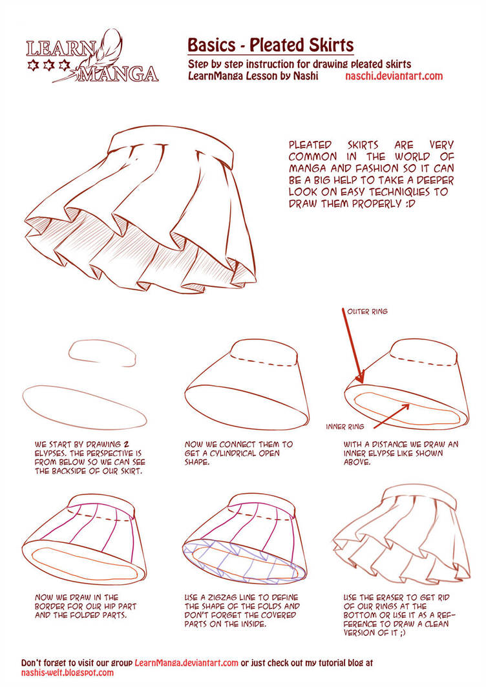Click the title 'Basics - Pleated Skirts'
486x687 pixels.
[270, 45]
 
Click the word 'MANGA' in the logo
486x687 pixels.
[118, 74]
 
